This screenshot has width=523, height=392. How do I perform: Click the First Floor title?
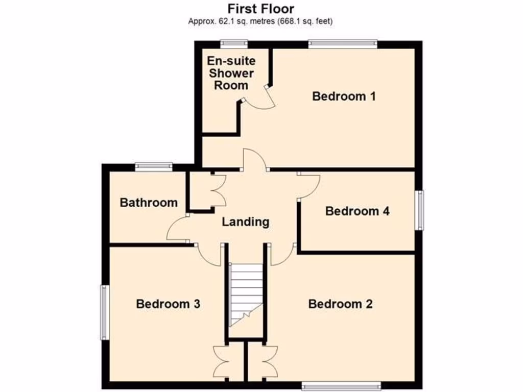pos(260,9)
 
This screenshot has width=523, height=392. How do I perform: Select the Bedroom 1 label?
pos(344,96)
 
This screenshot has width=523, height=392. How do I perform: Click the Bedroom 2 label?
pos(340,304)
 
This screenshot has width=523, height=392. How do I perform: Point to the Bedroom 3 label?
pos(168,304)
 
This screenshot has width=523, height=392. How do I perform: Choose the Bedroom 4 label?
pos(357,211)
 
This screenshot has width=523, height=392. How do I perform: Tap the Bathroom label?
pos(149,203)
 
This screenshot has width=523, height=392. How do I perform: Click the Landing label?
pos(245,222)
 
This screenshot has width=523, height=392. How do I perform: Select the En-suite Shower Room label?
pos(231,73)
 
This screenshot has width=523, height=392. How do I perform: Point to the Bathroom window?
pos(154,165)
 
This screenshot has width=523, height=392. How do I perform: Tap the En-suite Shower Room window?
pos(233,43)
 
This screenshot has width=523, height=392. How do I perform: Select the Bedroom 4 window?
pos(419,210)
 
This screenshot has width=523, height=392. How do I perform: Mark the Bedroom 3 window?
pos(104,312)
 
